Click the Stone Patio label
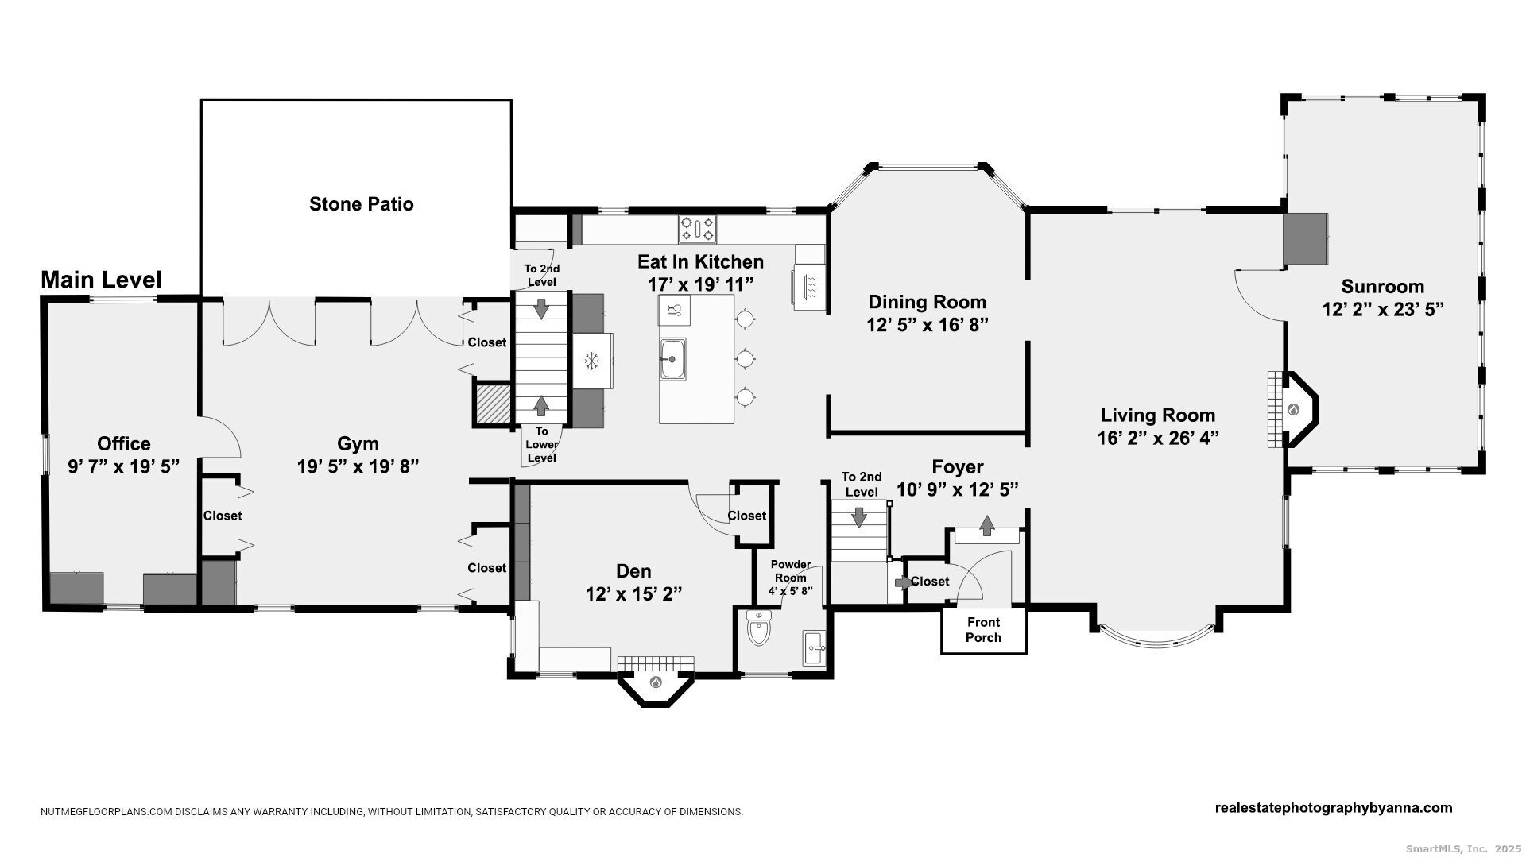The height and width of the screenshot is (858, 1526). (x=361, y=204)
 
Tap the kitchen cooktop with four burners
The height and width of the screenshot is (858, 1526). (x=697, y=230)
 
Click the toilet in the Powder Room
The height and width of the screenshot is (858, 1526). (x=759, y=630)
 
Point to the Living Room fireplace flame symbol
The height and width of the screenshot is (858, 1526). (x=1293, y=410)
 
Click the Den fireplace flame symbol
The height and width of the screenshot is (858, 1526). (x=656, y=682)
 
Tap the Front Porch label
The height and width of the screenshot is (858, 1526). (x=983, y=630)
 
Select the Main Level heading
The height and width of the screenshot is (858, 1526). (x=101, y=280)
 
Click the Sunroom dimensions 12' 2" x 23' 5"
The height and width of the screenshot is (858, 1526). (x=1382, y=309)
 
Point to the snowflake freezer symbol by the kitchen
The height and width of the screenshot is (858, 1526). (x=591, y=361)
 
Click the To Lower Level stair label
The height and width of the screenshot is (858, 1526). (x=541, y=445)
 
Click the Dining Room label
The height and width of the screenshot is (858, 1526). (x=927, y=302)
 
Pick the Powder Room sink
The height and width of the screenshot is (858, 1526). (x=814, y=647)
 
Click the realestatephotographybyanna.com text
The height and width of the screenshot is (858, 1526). (x=1333, y=808)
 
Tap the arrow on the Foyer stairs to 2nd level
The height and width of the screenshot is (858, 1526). (x=858, y=517)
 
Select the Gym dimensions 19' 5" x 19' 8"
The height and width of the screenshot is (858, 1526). (x=358, y=466)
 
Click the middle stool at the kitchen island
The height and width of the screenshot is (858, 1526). (x=745, y=359)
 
